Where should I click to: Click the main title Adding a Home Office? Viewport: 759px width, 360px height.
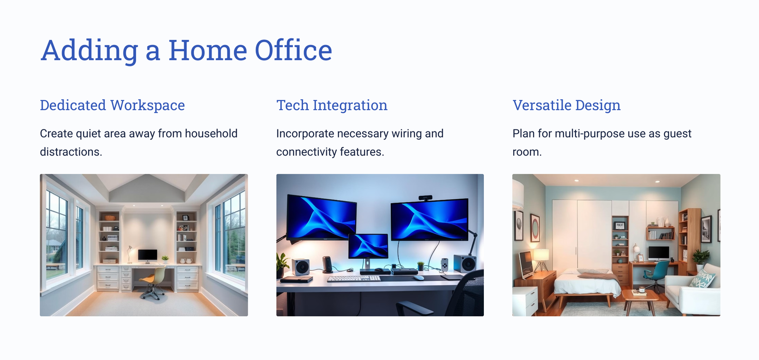[186, 50]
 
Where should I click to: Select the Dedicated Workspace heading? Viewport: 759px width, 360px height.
[112, 105]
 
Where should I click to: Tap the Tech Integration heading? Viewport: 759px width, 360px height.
[332, 105]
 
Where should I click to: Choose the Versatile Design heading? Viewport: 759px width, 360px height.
[566, 105]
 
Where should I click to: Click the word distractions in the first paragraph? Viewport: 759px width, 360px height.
[71, 152]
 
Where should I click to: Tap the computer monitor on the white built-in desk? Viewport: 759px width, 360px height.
[148, 256]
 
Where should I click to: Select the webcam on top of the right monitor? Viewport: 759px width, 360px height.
[425, 198]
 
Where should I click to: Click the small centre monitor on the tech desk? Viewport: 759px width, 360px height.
[368, 247]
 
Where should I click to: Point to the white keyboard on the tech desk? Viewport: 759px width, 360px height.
[354, 278]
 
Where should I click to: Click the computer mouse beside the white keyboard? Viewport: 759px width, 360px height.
[419, 277]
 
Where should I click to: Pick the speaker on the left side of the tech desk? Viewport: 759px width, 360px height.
[301, 267]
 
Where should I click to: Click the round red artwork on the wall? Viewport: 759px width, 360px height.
[535, 228]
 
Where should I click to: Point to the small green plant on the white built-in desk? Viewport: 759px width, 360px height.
[165, 259]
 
